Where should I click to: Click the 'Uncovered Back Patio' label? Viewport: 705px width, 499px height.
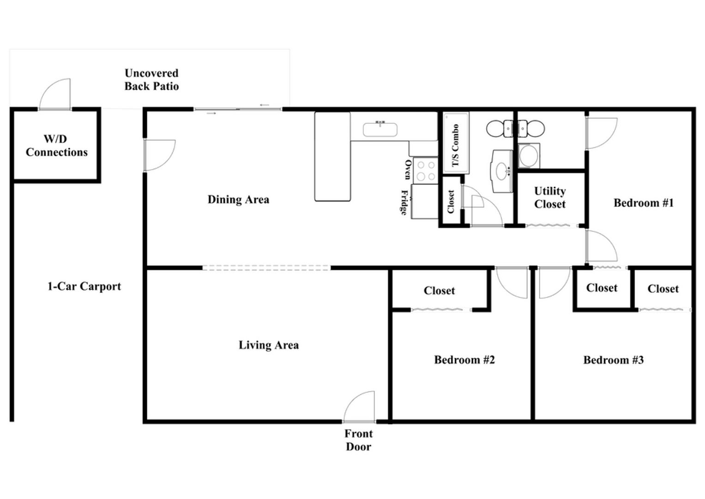point(152,79)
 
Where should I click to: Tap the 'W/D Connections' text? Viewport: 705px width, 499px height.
point(57,146)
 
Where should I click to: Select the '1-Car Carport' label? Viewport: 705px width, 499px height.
point(84,286)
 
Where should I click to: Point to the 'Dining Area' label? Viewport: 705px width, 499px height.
point(238,200)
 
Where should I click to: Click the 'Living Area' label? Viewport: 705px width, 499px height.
point(269,345)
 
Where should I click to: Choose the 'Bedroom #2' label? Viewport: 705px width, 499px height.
point(464,359)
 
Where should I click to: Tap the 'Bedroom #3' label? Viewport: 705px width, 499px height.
point(614,360)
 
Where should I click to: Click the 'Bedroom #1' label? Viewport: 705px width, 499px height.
point(644,202)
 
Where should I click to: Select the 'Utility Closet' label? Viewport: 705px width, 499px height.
point(550,198)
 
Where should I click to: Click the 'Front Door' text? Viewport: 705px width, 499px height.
point(358,440)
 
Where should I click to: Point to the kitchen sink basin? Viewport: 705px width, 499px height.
point(380,129)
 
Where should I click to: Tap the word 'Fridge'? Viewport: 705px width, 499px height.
point(404,202)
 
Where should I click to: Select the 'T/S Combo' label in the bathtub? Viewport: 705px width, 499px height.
point(455,145)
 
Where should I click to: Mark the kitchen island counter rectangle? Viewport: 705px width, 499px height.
point(333,157)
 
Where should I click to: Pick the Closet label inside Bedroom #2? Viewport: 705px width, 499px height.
point(439,291)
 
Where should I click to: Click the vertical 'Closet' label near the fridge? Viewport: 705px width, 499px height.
point(451,201)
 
